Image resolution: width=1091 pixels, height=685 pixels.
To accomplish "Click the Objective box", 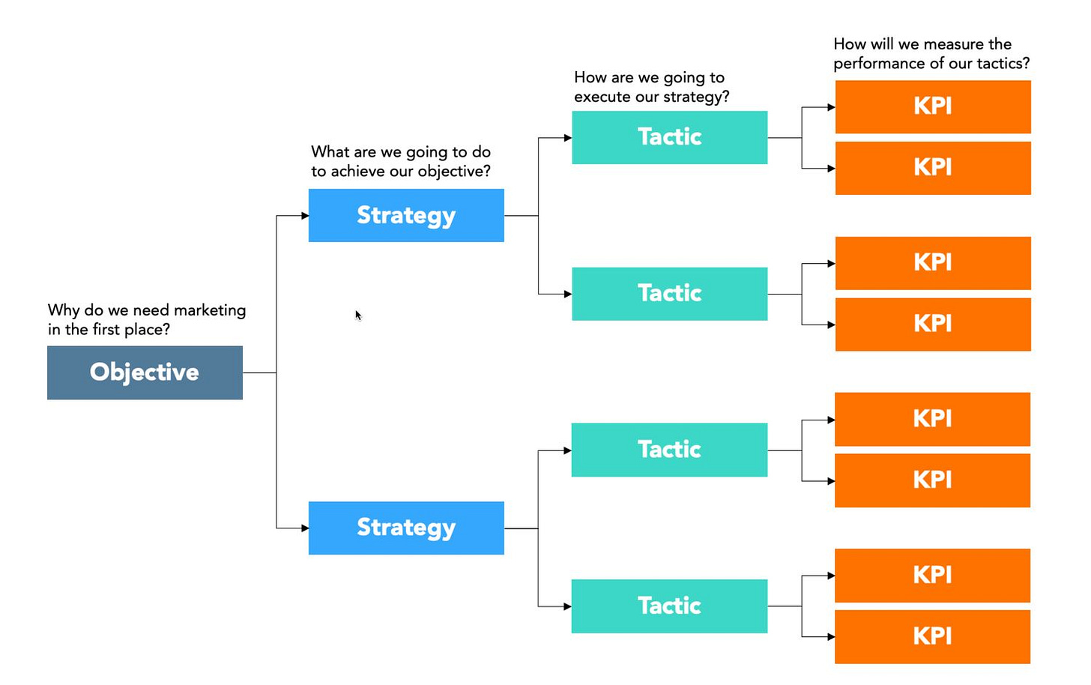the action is [x=145, y=372].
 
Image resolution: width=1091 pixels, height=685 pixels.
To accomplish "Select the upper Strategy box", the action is [x=406, y=215].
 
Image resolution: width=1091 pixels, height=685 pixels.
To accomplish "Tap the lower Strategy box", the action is [x=406, y=528].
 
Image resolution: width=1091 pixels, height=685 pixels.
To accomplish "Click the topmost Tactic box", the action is [x=670, y=137].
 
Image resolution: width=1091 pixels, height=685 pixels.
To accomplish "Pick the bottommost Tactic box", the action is [x=669, y=606].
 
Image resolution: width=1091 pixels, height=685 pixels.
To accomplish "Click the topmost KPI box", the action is [x=933, y=106].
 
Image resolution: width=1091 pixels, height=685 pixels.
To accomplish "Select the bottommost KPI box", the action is [x=933, y=637].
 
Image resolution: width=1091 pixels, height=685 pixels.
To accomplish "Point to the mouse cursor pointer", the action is [x=358, y=316].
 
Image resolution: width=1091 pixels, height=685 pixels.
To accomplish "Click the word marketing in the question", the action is [x=210, y=311].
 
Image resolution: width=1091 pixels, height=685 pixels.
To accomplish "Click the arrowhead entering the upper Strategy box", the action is [x=305, y=215].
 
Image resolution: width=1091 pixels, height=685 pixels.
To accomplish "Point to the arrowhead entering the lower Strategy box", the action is [x=305, y=528].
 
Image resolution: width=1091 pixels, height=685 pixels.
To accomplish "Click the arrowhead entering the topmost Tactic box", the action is [x=568, y=138].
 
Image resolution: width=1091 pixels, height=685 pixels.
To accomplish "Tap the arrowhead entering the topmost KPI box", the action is [x=832, y=107].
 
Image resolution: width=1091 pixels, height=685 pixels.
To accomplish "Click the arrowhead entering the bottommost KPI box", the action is [x=832, y=637].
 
